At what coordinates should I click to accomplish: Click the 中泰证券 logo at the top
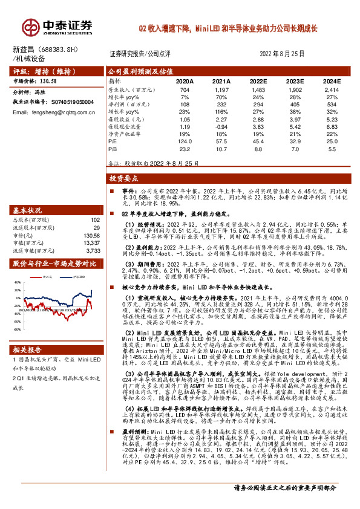(x=57, y=25)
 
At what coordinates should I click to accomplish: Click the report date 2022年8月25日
(x=282, y=53)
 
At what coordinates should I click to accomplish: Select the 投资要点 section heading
(x=124, y=179)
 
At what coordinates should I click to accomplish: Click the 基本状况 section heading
(x=27, y=210)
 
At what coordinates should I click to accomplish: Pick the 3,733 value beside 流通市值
(x=92, y=250)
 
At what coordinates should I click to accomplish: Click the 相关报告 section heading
(x=27, y=349)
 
